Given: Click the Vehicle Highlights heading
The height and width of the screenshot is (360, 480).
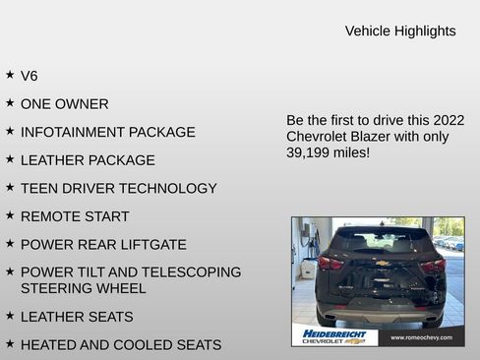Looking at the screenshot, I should (x=400, y=31).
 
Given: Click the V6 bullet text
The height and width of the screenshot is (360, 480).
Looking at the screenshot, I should (x=30, y=76).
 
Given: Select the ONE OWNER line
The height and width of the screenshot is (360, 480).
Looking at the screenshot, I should (x=65, y=104).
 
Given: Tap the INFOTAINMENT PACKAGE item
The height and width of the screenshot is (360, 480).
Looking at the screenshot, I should (x=108, y=132).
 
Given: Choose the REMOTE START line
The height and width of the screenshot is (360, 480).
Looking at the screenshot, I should (x=75, y=216).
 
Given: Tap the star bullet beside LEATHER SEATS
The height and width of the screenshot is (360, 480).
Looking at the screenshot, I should (x=10, y=316).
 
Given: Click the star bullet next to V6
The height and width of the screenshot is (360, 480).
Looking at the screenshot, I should (x=10, y=75).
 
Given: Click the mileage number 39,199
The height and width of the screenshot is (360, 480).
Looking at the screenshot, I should (x=312, y=153).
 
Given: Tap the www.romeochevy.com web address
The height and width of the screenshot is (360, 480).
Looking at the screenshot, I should (x=421, y=337).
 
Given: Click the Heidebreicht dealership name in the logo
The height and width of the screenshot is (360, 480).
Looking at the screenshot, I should (x=334, y=333).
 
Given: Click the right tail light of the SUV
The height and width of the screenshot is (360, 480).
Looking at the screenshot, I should (x=434, y=265).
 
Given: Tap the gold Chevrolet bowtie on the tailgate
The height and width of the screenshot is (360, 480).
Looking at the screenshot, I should (x=382, y=264).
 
